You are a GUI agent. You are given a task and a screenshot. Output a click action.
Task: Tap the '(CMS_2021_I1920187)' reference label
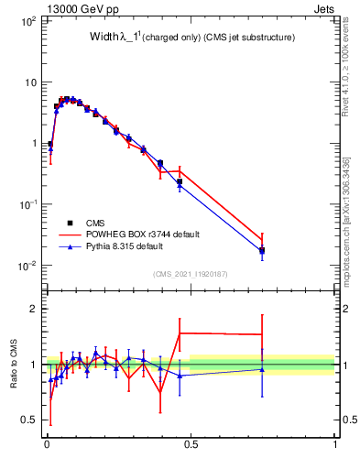pyautogui.click(x=190, y=274)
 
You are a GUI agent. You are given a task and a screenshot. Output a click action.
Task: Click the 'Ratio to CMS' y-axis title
pyautogui.click(x=13, y=364)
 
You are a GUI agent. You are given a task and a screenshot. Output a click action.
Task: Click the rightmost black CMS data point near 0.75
pyautogui.click(x=262, y=250)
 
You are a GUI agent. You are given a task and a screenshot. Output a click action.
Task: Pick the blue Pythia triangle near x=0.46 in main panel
pyautogui.click(x=180, y=186)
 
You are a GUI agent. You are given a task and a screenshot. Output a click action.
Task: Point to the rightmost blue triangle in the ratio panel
pyautogui.click(x=262, y=370)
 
